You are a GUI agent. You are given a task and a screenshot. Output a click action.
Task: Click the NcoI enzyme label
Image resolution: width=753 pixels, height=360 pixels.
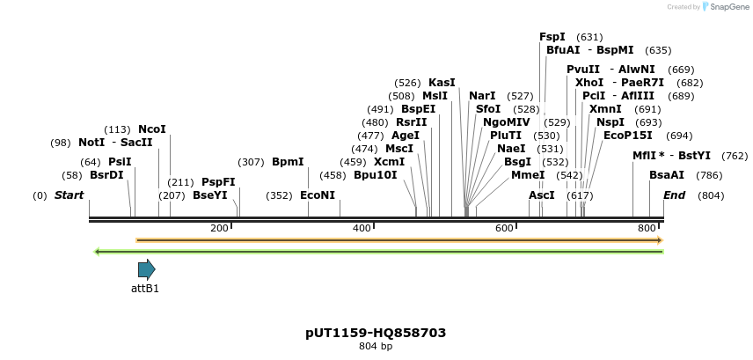[152, 129]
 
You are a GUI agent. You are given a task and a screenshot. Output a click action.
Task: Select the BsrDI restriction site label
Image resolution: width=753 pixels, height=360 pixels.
[107, 175]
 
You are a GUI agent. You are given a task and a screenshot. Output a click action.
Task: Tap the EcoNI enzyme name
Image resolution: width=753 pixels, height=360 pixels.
[318, 195]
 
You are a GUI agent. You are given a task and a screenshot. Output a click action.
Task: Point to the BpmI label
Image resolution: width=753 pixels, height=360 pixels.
[288, 162]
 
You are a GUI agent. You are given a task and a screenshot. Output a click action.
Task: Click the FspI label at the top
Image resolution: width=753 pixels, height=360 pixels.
[552, 37]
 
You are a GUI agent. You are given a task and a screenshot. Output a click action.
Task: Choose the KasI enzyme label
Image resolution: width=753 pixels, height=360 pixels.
[442, 83]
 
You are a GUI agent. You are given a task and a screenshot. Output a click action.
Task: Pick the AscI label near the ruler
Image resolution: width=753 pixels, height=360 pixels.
[542, 195]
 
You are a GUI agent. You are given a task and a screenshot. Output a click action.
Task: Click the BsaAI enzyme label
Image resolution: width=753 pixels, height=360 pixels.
[667, 175]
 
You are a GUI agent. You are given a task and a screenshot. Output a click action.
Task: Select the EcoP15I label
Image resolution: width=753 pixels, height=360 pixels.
[628, 136]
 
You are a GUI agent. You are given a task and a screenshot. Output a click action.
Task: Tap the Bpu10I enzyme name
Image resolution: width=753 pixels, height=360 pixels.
[376, 175]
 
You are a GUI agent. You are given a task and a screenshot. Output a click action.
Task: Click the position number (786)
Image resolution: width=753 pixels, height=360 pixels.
[708, 175]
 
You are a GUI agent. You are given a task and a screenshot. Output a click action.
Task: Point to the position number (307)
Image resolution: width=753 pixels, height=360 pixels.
[252, 162]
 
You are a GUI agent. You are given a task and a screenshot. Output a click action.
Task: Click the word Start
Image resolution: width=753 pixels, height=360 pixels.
[69, 195]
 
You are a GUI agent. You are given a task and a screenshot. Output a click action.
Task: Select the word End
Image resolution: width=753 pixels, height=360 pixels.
[674, 195]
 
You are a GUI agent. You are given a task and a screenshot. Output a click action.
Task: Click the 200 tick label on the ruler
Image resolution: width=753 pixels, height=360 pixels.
[219, 229]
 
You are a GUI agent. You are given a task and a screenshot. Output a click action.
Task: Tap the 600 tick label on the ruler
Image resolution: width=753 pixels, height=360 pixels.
[504, 229]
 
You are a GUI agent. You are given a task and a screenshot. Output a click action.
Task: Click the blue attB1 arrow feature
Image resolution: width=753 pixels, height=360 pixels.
[146, 269]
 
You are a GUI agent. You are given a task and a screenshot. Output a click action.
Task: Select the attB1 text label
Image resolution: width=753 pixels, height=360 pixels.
[145, 288]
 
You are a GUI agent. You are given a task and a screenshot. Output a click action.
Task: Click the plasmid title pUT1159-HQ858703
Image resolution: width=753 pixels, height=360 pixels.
[376, 333]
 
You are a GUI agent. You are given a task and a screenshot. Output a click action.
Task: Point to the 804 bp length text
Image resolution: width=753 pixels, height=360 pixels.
[376, 347]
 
